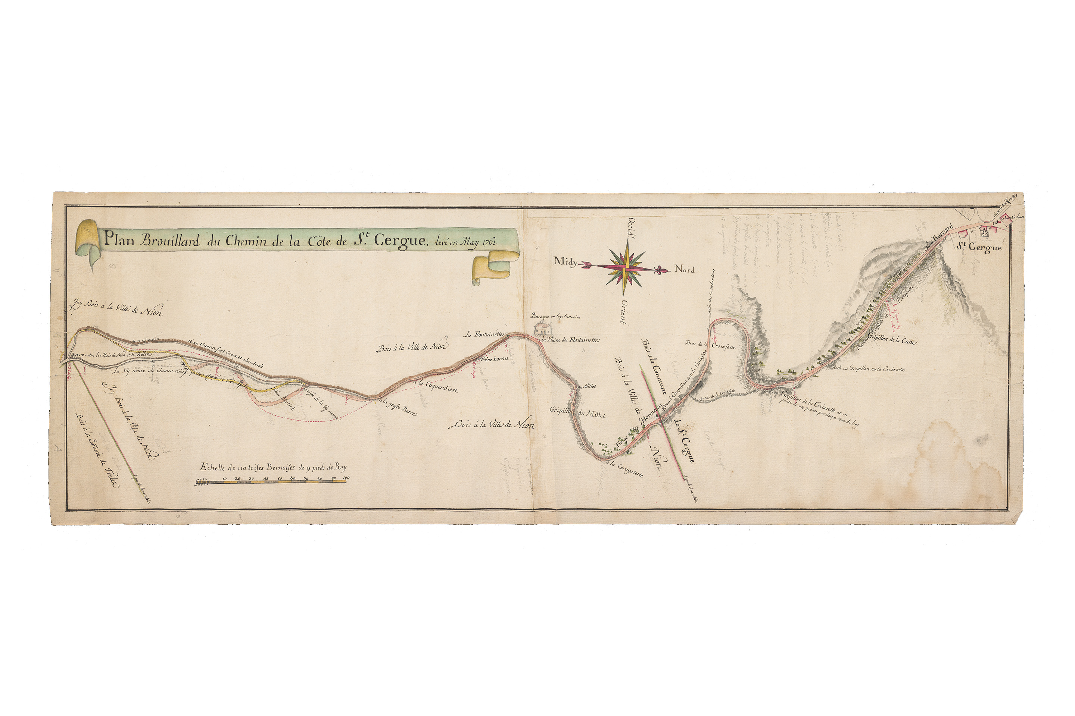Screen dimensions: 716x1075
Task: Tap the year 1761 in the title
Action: [x=491, y=242]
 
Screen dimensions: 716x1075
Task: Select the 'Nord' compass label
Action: [x=684, y=269]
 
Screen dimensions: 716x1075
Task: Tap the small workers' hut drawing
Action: [x=542, y=328]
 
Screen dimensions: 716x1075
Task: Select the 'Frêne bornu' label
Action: [x=494, y=359]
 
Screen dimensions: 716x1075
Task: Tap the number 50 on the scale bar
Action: [x=279, y=479]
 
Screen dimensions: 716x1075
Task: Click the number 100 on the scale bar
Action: [x=346, y=479]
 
